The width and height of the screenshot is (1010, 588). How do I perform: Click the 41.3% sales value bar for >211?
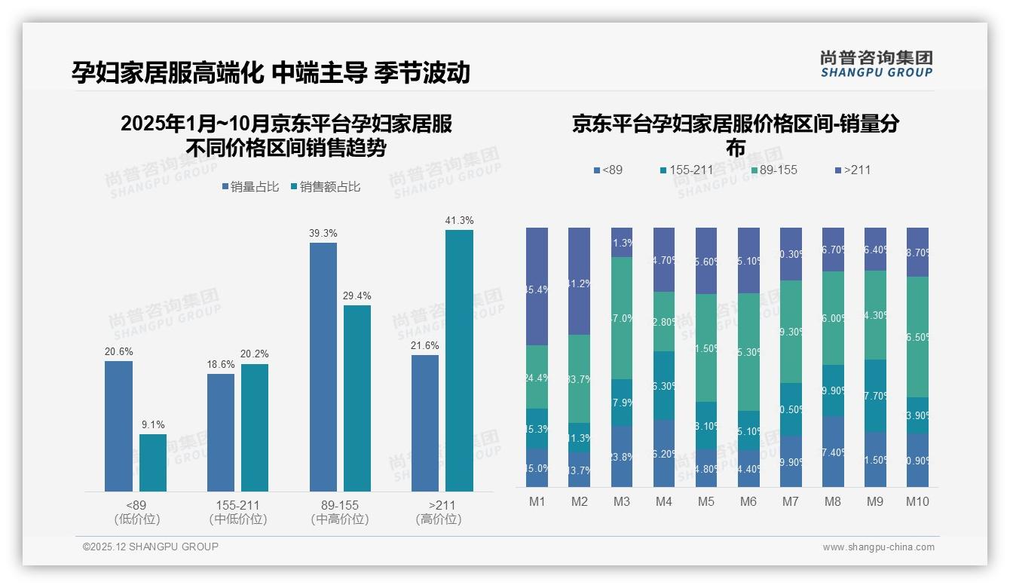click(459, 360)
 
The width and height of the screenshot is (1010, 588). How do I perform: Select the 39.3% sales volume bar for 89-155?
click(323, 367)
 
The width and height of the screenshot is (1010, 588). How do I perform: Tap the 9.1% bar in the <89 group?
click(153, 463)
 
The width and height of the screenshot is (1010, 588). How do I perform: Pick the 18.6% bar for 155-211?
click(221, 433)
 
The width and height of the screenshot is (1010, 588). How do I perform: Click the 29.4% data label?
click(357, 296)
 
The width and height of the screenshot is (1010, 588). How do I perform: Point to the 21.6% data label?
click(425, 345)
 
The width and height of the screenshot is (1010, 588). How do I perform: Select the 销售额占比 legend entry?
click(325, 187)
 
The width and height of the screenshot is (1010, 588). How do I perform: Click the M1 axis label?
click(537, 501)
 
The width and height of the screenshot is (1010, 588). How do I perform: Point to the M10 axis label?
click(917, 501)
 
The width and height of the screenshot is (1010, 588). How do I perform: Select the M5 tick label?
click(706, 501)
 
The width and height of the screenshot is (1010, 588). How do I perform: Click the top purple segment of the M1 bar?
click(537, 286)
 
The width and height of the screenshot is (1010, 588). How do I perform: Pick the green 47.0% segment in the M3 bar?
click(622, 318)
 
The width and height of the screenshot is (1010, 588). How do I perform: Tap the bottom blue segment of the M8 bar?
click(833, 452)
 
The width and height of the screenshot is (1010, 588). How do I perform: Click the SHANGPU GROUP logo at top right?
click(876, 64)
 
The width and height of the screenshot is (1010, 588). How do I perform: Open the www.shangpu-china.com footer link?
click(878, 547)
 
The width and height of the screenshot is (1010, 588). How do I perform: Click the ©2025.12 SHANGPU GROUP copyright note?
click(151, 547)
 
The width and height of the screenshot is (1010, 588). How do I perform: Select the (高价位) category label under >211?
click(439, 519)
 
